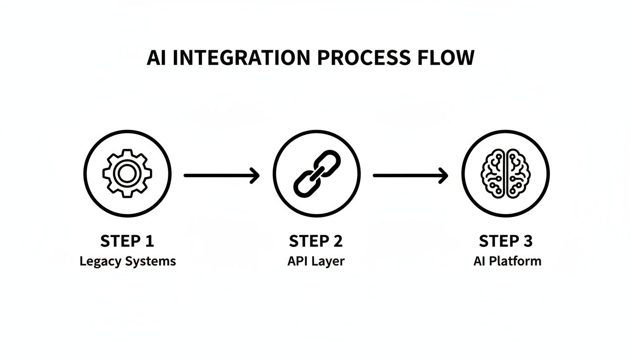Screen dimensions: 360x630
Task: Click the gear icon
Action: click(x=127, y=174)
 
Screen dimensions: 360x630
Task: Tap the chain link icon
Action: click(x=316, y=173)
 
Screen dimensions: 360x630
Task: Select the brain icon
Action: click(x=505, y=173)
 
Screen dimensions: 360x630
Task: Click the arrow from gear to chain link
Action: click(x=221, y=175)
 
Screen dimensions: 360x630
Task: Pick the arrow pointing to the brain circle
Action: click(x=410, y=175)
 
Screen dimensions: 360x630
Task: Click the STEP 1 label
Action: click(x=127, y=241)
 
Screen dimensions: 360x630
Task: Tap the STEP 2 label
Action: click(x=316, y=241)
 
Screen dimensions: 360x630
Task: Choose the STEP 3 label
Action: click(x=506, y=241)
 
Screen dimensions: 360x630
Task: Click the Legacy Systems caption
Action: click(x=127, y=262)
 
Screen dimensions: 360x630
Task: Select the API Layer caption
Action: click(x=315, y=262)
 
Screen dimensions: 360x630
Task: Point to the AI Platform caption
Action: click(x=507, y=261)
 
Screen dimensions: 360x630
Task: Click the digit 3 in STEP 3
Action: click(x=527, y=241)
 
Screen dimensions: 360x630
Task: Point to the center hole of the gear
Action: click(x=127, y=174)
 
